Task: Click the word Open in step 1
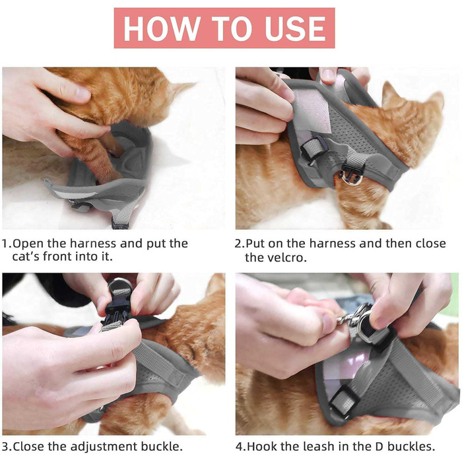pos(28,244)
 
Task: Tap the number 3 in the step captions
pos(6,447)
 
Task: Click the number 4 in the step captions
pos(240,447)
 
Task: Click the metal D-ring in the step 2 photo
pos(351,178)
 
